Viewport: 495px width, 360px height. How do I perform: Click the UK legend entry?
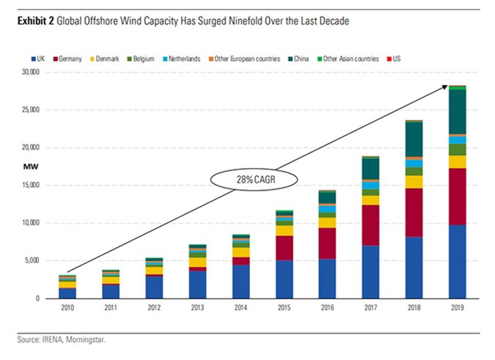pos(43,58)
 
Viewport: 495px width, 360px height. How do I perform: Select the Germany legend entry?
pos(72,58)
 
